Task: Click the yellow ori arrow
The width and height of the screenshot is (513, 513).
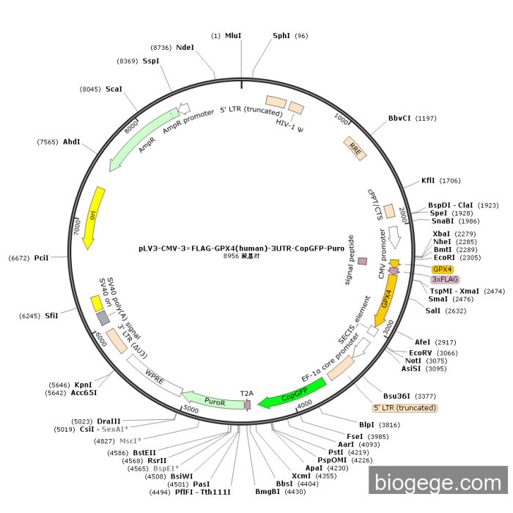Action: click(x=94, y=217)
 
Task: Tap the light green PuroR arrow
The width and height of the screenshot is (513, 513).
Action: click(x=213, y=400)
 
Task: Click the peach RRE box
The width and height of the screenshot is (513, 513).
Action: click(x=355, y=149)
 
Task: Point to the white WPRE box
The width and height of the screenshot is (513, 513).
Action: click(x=155, y=375)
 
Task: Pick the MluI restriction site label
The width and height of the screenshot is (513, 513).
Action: click(x=233, y=35)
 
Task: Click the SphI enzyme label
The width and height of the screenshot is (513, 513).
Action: click(x=281, y=35)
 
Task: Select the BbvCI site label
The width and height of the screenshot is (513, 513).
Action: click(x=399, y=118)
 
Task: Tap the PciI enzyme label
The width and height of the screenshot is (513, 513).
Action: click(x=41, y=258)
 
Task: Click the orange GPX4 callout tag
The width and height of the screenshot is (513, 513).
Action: click(x=443, y=269)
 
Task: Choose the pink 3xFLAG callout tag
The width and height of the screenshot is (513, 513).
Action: click(x=445, y=279)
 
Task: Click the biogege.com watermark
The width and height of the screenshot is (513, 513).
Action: click(x=438, y=482)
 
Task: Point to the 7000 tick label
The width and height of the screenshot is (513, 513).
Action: click(x=77, y=226)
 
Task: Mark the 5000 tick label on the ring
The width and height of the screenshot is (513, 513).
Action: click(x=191, y=409)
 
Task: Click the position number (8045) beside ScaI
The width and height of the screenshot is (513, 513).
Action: click(x=90, y=89)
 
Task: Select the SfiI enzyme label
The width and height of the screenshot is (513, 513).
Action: click(x=51, y=316)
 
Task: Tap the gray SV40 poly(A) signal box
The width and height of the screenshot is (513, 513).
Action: click(x=103, y=318)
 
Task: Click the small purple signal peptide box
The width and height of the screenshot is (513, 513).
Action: click(x=362, y=261)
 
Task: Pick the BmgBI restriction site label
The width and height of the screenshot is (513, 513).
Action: click(x=267, y=492)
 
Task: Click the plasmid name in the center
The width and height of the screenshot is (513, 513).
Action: click(x=241, y=248)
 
